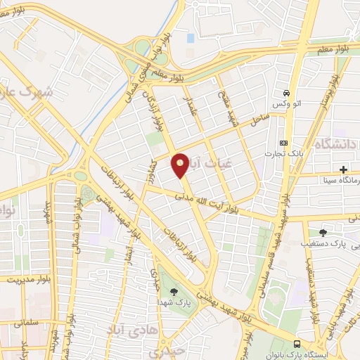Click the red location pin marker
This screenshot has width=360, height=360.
pos(180,165)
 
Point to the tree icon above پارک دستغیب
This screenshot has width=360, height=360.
pos(323,233)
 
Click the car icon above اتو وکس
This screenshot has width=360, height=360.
pos(286,94)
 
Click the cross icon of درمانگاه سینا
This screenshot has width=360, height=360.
pos(343,169)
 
